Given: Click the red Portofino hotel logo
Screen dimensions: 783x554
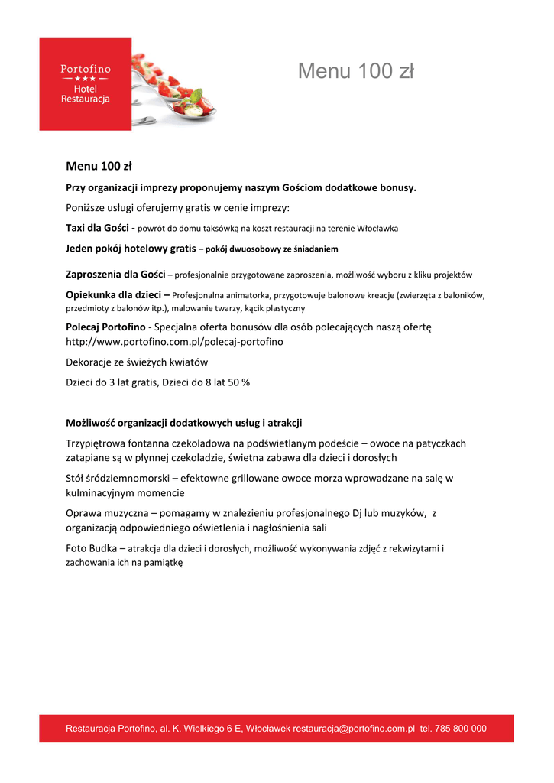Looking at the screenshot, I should tap(85, 84).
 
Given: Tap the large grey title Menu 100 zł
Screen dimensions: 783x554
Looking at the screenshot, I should tap(355, 71).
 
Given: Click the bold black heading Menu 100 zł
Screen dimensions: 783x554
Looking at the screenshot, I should tap(99, 165).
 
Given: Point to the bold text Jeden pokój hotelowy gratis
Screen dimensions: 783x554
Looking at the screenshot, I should tap(130, 248).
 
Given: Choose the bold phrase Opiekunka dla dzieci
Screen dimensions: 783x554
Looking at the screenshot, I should tap(114, 294).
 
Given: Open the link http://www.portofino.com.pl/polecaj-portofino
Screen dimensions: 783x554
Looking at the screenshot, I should tap(174, 342).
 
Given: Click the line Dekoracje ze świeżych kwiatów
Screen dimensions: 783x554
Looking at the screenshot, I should tap(137, 362).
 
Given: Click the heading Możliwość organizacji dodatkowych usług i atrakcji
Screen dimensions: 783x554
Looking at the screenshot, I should tap(184, 422).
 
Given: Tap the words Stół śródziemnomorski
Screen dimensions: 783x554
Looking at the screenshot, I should tap(118, 478).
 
